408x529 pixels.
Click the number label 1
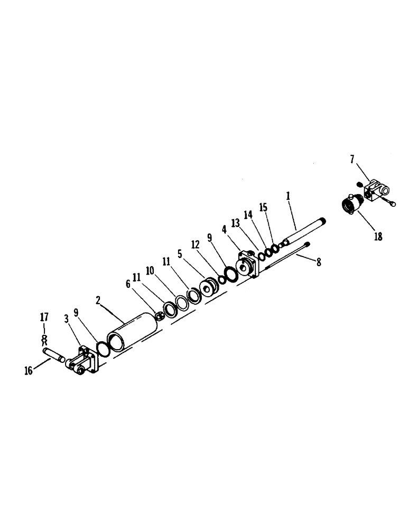288,196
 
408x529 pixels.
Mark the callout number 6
127,284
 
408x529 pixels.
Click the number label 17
44,317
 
